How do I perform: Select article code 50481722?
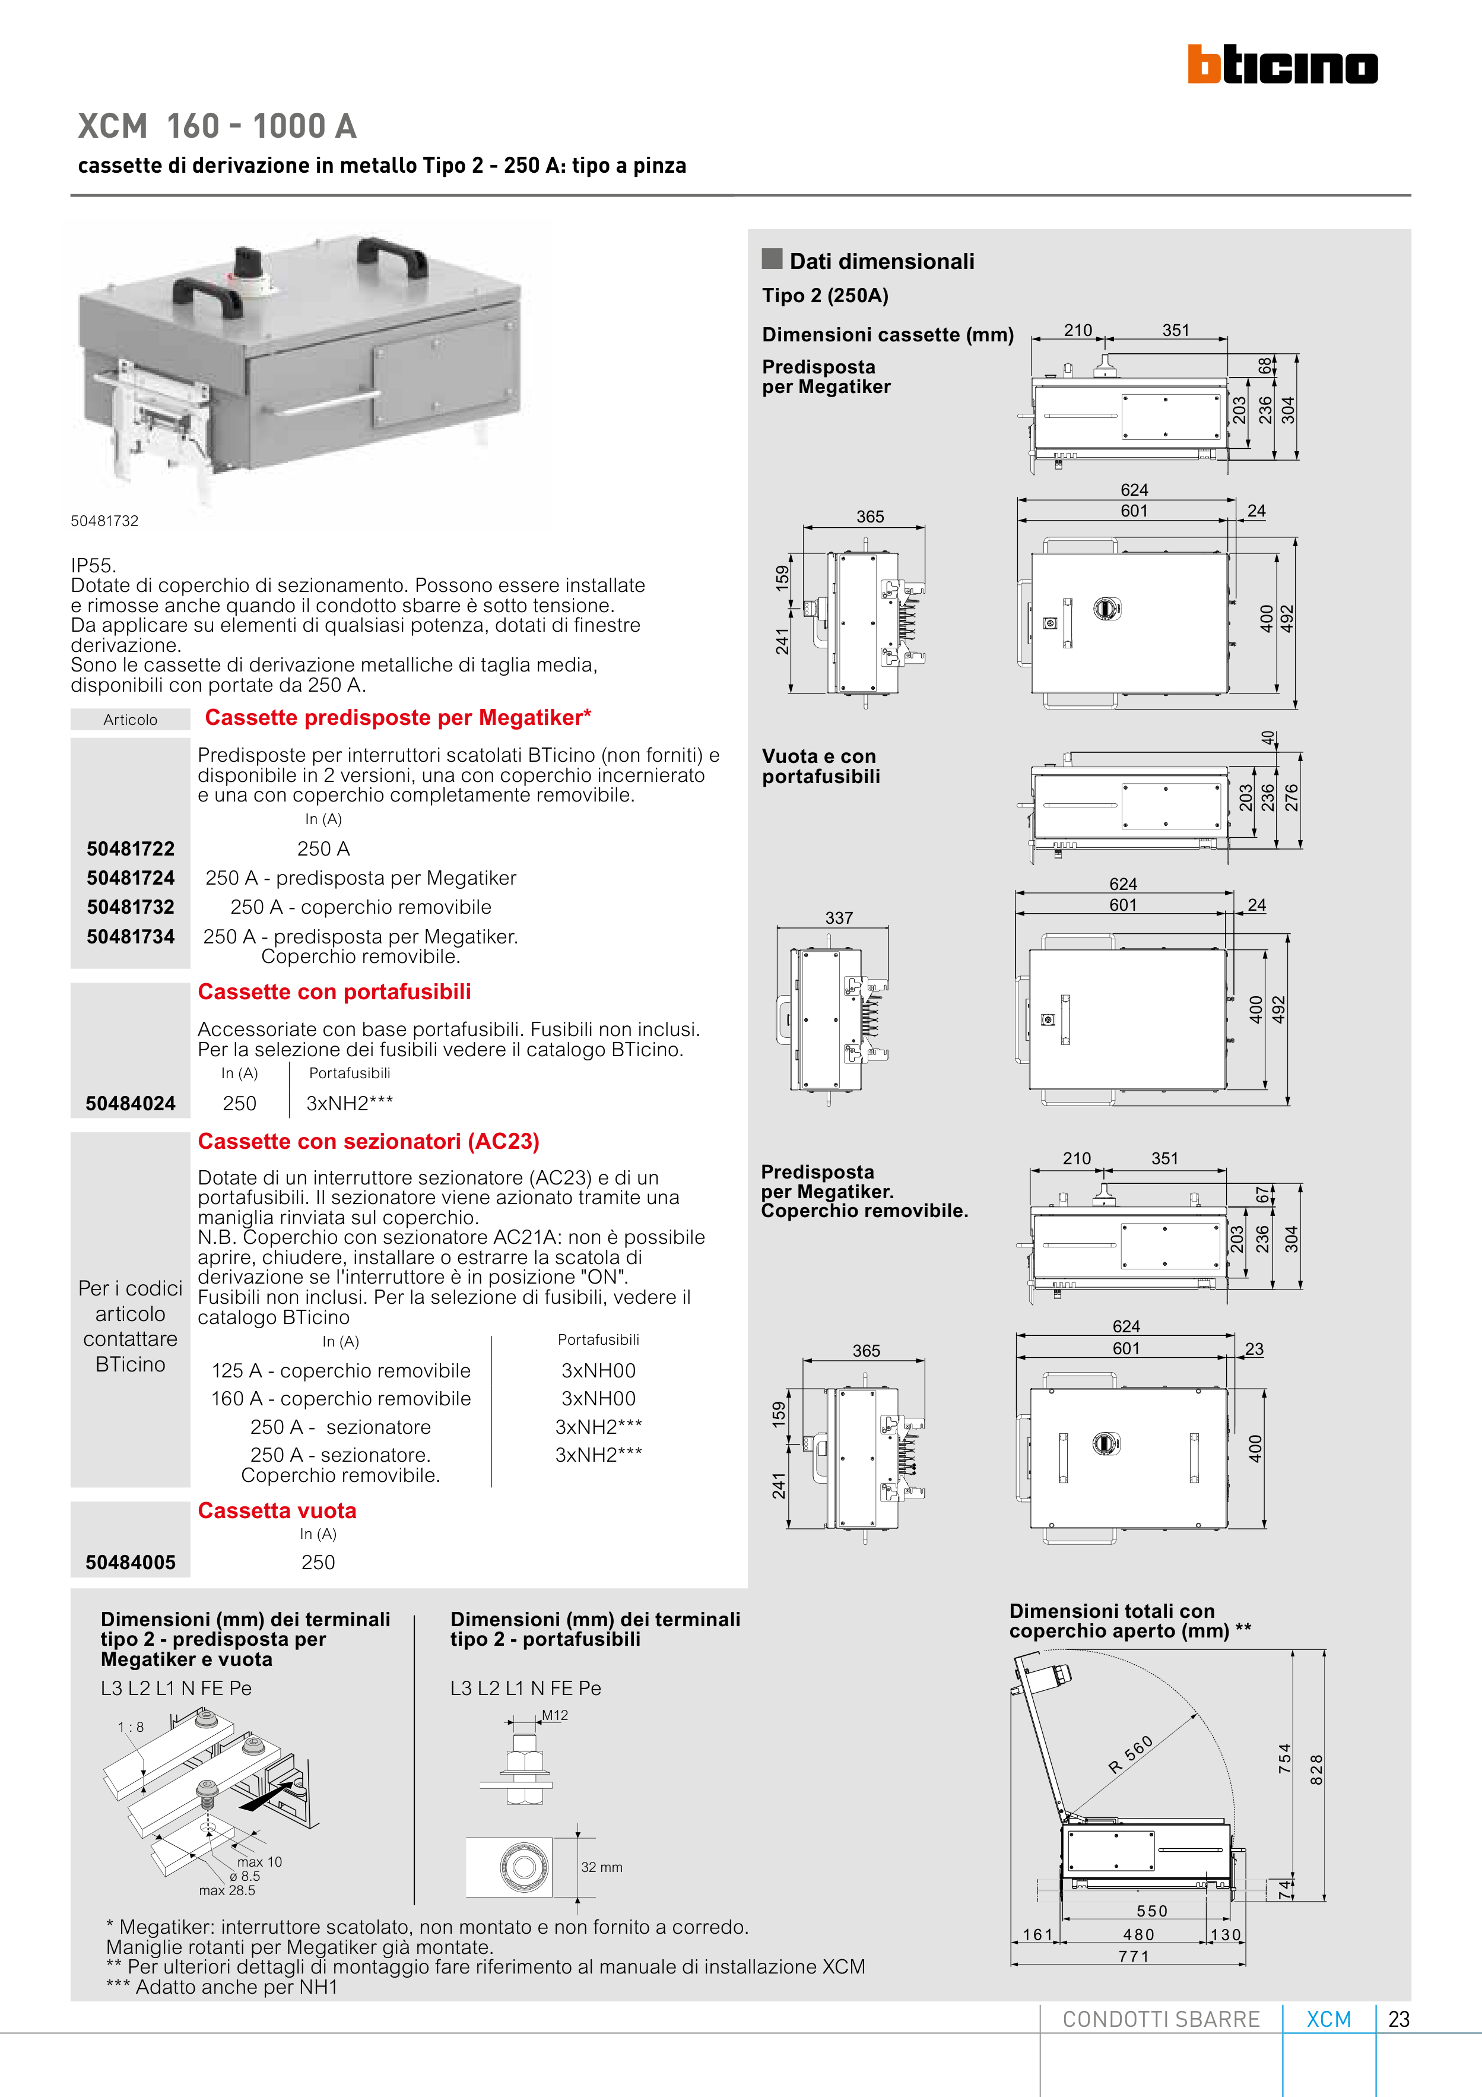click(x=131, y=848)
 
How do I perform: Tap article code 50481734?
click(x=131, y=936)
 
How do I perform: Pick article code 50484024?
click(x=131, y=1103)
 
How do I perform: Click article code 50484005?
click(x=131, y=1562)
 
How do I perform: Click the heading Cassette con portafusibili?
click(x=334, y=992)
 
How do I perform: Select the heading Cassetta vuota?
click(x=277, y=1510)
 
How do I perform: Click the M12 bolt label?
click(x=555, y=1715)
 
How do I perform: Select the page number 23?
click(x=1398, y=2019)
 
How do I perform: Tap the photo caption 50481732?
click(x=105, y=521)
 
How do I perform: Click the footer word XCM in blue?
click(x=1329, y=2019)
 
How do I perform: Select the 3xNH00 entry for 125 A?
click(x=598, y=1370)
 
